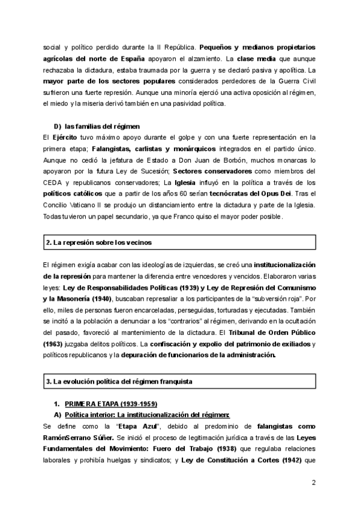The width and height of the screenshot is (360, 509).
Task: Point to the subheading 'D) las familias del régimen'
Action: click(x=97, y=126)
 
